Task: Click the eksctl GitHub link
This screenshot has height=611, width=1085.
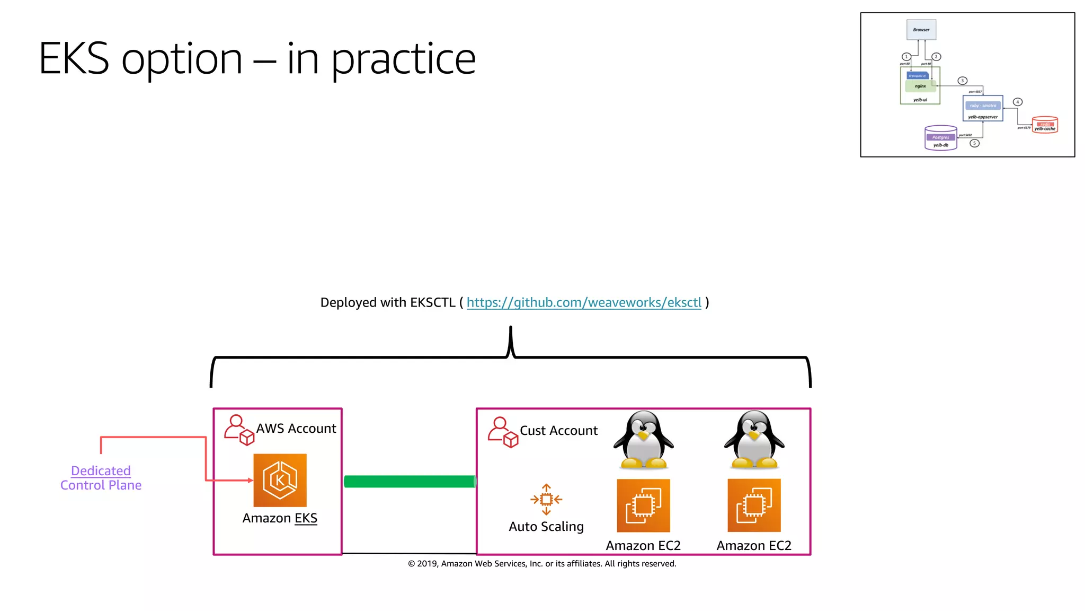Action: pos(583,302)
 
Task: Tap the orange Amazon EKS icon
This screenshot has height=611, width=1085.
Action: pos(280,480)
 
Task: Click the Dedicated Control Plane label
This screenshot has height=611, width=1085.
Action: pos(101,478)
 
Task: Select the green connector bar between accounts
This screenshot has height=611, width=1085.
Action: pos(410,481)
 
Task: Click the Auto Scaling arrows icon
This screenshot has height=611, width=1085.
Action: pos(546,499)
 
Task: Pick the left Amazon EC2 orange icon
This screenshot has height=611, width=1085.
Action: pos(643,505)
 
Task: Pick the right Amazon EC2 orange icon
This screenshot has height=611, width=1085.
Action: pos(754,505)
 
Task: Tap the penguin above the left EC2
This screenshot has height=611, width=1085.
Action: pos(643,440)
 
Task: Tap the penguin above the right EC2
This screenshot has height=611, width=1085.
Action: pos(754,440)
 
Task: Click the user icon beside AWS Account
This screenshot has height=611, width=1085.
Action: pos(238,430)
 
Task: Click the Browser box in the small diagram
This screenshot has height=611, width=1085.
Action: pos(921,30)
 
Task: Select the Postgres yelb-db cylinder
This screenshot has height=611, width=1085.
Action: pos(940,138)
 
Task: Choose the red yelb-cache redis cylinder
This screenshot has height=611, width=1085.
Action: pos(1045,125)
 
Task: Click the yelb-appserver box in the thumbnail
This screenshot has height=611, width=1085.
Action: pos(983,109)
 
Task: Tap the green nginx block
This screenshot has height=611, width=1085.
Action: pos(921,86)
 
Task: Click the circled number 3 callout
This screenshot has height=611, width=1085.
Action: pos(963,81)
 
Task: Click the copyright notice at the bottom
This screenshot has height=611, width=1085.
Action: pos(542,563)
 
